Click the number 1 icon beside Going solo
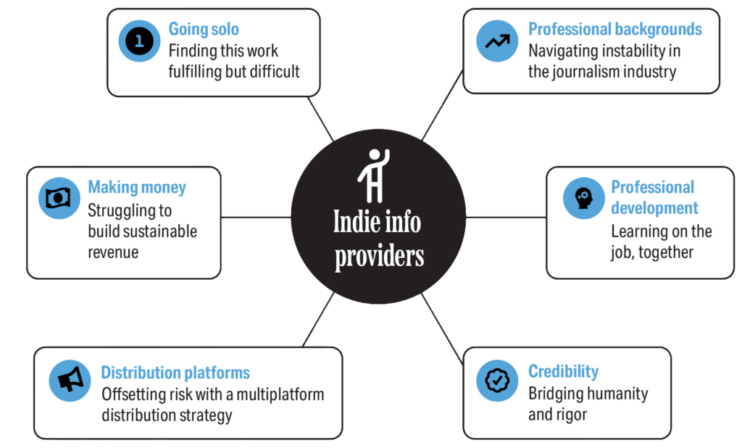click(139, 41)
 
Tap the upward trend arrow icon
click(498, 41)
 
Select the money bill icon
click(57, 198)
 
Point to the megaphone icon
click(70, 380)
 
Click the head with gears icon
click(583, 198)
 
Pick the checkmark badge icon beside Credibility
click(498, 380)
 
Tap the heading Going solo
click(204, 30)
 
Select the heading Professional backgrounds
click(615, 30)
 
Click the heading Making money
click(137, 188)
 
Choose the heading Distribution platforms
click(175, 373)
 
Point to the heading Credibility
click(563, 372)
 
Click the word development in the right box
click(654, 209)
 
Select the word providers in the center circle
click(378, 257)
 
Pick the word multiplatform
click(274, 395)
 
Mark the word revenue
click(113, 252)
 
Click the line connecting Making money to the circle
click(256, 217)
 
